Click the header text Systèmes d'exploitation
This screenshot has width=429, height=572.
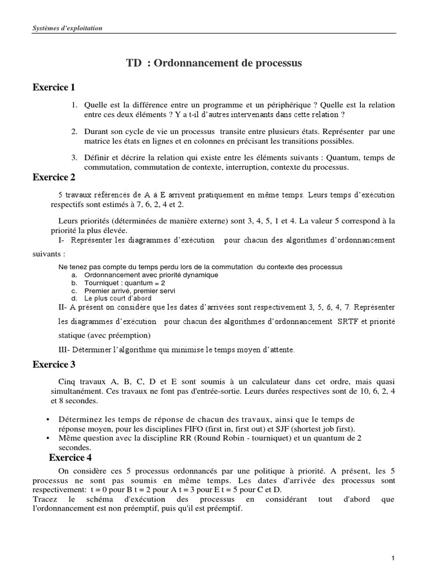coord(66,28)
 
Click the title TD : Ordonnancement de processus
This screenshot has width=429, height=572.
coord(214,63)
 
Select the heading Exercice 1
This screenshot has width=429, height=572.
coord(54,87)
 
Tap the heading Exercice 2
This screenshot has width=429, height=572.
coord(54,178)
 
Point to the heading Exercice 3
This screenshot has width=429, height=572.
coord(54,365)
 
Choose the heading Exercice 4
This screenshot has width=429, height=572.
coord(70,457)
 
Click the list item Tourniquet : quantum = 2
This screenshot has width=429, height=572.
coord(117,283)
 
